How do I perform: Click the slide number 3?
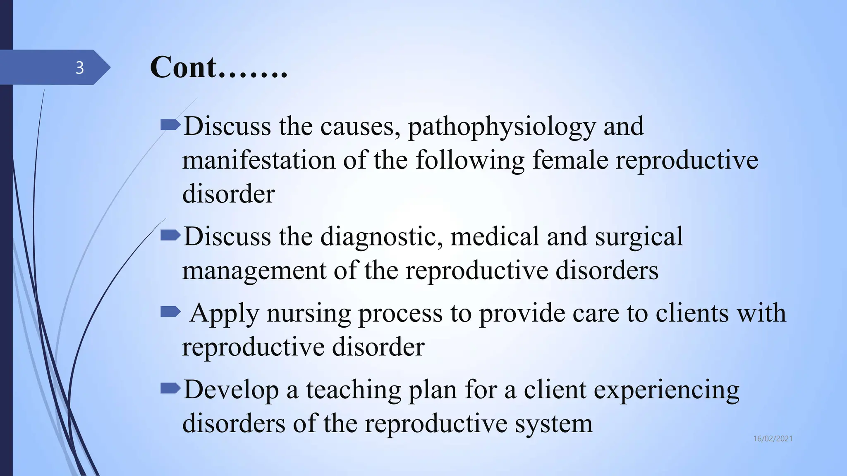point(79,67)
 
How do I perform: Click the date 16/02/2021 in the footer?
point(773,439)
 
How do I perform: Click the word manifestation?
point(258,160)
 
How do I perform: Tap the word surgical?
point(639,237)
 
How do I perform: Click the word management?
point(254,271)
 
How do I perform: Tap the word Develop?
point(231,390)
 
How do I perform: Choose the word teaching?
point(354,390)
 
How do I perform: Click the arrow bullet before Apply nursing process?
point(170,312)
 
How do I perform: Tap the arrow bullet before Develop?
point(170,388)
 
